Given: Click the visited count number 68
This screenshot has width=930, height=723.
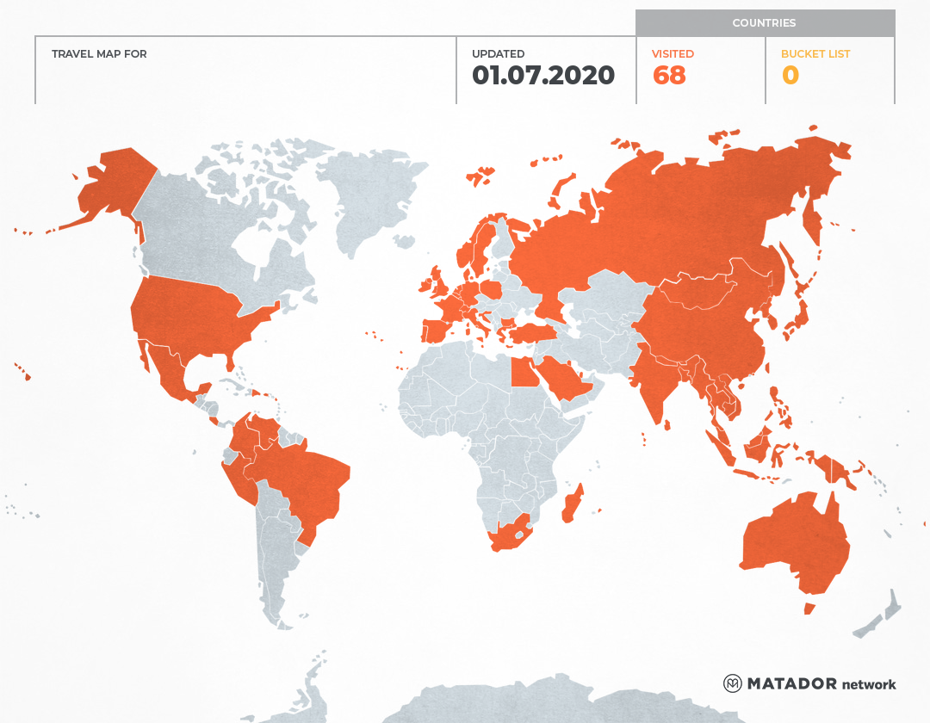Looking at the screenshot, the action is tap(669, 76).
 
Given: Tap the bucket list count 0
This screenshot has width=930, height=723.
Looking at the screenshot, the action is tap(790, 76).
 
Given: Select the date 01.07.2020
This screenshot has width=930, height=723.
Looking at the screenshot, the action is tap(543, 76).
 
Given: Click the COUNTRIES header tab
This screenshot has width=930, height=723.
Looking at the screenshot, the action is tap(764, 23).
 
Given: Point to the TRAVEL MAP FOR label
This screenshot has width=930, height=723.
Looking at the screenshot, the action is tap(99, 54).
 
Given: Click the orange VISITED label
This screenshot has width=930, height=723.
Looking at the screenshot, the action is tap(673, 54).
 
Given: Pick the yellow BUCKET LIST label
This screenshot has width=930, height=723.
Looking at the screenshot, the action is tap(815, 54).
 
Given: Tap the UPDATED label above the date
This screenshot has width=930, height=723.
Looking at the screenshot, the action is tap(498, 54).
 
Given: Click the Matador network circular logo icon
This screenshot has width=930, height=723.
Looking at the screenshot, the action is tap(733, 683).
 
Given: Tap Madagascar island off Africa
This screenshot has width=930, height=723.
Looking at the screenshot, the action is tap(573, 504).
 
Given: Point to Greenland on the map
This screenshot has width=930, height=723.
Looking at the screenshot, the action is tap(370, 198).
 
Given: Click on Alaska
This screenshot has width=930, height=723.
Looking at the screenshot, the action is tap(112, 185).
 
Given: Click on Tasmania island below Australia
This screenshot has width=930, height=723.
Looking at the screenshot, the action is tap(809, 609).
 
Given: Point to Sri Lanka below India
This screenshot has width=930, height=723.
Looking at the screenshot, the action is tap(666, 423).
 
